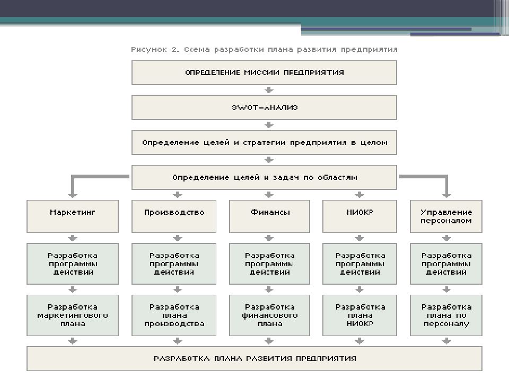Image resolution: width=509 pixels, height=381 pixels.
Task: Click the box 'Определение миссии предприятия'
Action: [x=264, y=72]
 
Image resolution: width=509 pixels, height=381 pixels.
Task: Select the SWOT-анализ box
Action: [x=264, y=107]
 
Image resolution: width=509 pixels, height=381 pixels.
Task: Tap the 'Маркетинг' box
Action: [x=73, y=216]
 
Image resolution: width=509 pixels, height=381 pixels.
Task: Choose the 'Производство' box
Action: [x=174, y=216]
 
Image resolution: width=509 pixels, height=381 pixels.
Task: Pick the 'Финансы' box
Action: [x=269, y=216]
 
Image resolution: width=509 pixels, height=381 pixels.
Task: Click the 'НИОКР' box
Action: [x=359, y=216]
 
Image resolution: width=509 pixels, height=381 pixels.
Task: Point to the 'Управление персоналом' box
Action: [x=446, y=216]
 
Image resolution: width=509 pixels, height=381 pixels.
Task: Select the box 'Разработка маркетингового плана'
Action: [x=73, y=315]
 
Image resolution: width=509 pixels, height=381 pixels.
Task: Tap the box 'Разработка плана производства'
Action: [x=174, y=315]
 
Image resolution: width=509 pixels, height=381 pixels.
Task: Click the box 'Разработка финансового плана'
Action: [x=269, y=315]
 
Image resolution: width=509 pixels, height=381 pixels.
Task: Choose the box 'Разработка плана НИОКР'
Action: [x=359, y=315]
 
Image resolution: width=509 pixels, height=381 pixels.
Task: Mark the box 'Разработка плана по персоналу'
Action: [x=446, y=315]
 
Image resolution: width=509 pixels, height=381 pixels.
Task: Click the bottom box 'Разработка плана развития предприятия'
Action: [x=254, y=359]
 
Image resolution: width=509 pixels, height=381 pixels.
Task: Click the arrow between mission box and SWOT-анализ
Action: [x=269, y=90]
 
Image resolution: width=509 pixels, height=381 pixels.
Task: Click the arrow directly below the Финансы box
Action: [x=269, y=238]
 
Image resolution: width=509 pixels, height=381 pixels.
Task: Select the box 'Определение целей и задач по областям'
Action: [x=264, y=178]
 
